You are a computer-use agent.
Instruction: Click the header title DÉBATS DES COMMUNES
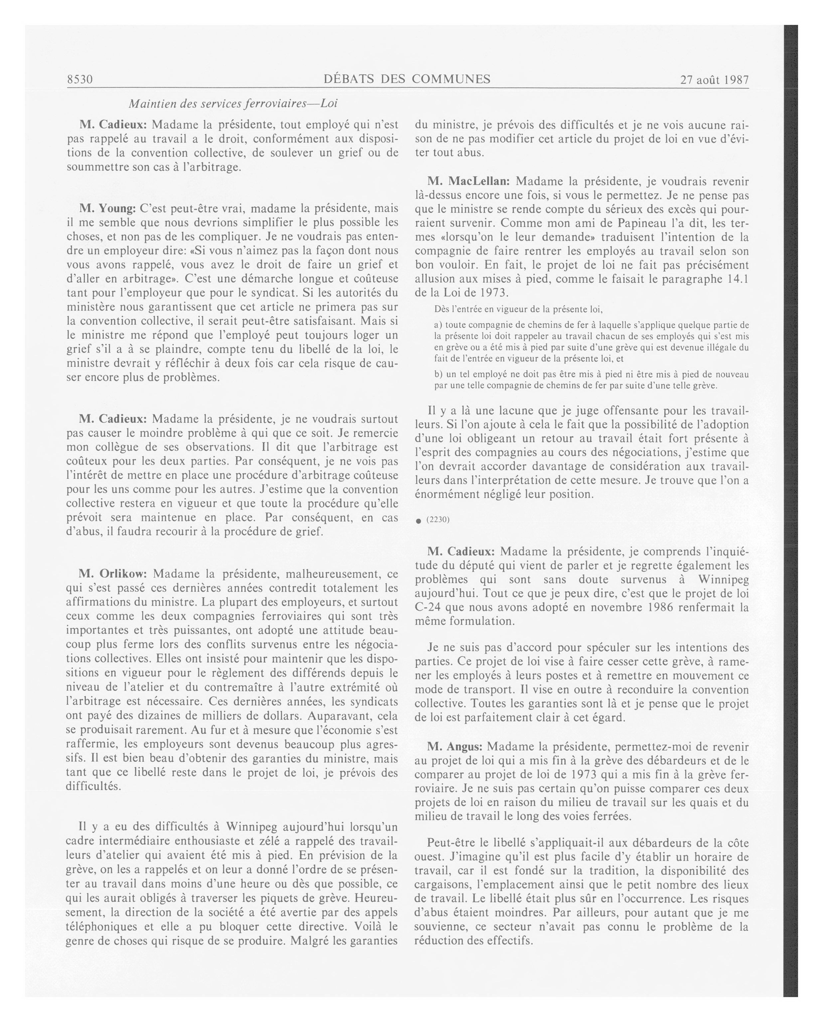pyautogui.click(x=407, y=79)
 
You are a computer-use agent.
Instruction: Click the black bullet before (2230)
pyautogui.click(x=418, y=521)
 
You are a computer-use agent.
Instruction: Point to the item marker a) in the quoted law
pyautogui.click(x=438, y=325)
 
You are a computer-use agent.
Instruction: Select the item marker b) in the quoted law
pyautogui.click(x=438, y=374)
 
